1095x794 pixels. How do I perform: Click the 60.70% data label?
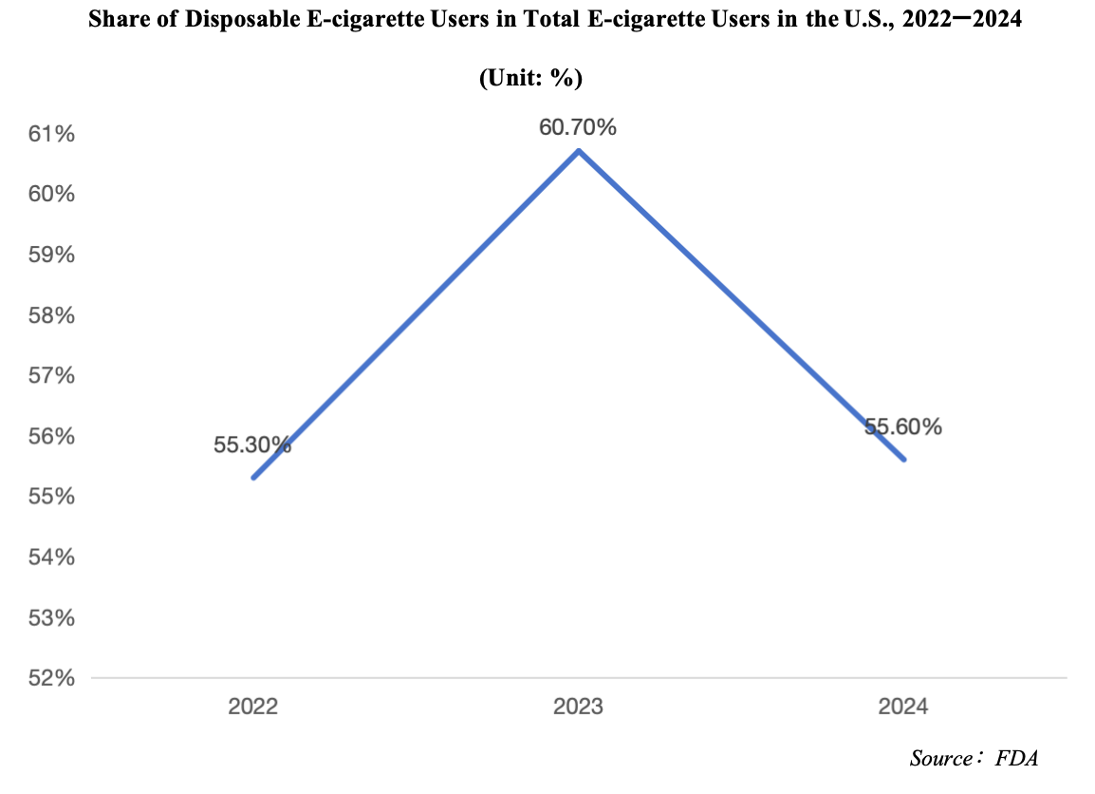pyautogui.click(x=578, y=126)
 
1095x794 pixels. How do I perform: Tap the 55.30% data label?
pyautogui.click(x=252, y=444)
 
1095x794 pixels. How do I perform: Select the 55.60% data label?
pyautogui.click(x=902, y=427)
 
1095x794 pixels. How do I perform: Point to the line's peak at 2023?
pyautogui.click(x=579, y=150)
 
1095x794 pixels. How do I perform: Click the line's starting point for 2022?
pyautogui.click(x=253, y=477)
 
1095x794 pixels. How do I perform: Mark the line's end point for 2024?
pyautogui.click(x=904, y=460)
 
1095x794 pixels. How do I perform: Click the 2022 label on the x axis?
pyautogui.click(x=253, y=708)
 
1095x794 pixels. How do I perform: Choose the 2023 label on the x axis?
pyautogui.click(x=579, y=708)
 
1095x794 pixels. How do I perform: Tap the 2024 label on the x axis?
pyautogui.click(x=903, y=708)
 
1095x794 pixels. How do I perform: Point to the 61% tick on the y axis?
pyautogui.click(x=51, y=134)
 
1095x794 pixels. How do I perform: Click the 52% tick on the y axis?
pyautogui.click(x=51, y=678)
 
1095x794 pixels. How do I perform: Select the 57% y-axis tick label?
pyautogui.click(x=51, y=376)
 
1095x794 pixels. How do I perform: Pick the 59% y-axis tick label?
pyautogui.click(x=51, y=255)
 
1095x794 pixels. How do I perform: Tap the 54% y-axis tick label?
pyautogui.click(x=51, y=558)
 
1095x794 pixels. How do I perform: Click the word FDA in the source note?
pyautogui.click(x=1017, y=758)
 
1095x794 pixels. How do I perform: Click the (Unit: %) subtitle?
pyautogui.click(x=530, y=78)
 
